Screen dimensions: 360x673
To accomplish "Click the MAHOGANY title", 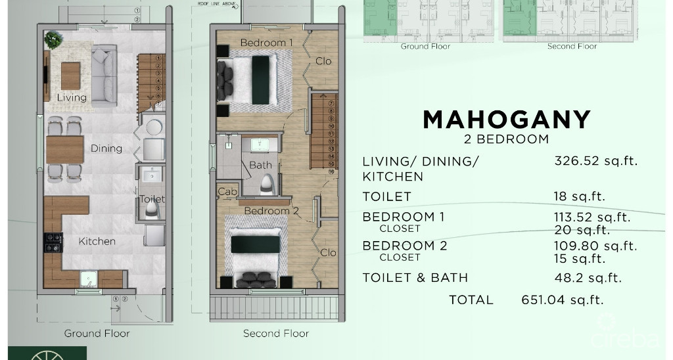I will click(507, 120).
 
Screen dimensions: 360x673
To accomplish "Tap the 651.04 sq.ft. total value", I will click(562, 300).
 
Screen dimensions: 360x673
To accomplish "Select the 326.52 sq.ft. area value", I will click(596, 161).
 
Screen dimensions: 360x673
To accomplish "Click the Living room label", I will click(72, 98).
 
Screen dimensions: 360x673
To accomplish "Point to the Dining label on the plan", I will click(106, 148).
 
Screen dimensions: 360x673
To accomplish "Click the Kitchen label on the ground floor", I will click(97, 241).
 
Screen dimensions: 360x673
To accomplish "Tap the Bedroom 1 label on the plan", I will click(266, 43).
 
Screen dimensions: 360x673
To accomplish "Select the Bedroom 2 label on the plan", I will click(272, 211).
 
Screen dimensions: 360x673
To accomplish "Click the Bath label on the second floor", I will click(260, 165).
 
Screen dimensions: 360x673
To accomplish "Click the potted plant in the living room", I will click(53, 40).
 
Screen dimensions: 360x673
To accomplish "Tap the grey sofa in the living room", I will click(104, 74).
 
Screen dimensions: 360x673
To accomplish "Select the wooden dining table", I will click(64, 150).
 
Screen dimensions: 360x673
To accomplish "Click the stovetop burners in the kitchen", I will click(53, 243).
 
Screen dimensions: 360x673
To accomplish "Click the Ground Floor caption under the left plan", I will click(97, 333).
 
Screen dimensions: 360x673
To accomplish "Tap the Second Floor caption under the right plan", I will click(276, 333).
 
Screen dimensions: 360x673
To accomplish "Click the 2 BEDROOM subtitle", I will click(507, 139).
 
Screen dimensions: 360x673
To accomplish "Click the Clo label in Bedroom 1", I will click(323, 61).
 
